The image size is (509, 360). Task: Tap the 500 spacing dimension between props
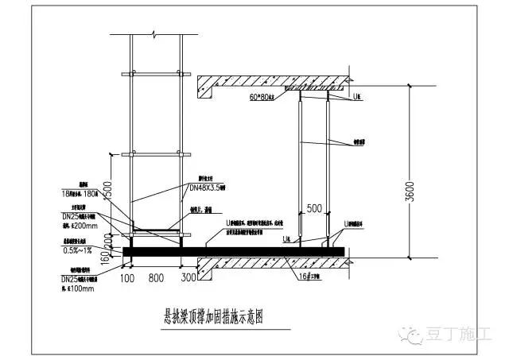[x=312, y=209]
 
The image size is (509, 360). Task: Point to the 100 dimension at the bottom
[x=126, y=279]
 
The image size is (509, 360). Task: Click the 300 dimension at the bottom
[x=189, y=279]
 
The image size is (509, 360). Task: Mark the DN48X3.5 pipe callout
[x=208, y=188]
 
